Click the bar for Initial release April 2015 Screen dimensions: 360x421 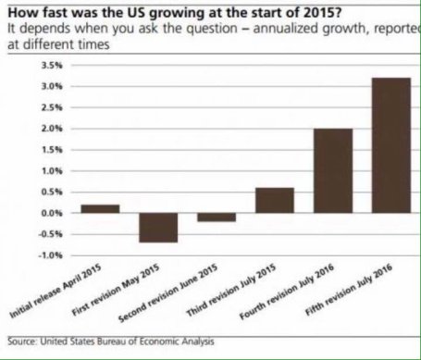tap(99, 208)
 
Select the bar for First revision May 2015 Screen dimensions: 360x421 tap(158, 228)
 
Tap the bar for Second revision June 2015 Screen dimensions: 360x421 tap(217, 217)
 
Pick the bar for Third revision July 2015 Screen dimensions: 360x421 tap(275, 200)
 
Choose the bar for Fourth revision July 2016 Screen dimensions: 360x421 tap(332, 170)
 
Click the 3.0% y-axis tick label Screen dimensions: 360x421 tap(51, 86)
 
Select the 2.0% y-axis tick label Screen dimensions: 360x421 tap(51, 129)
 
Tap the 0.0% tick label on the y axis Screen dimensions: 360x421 tap(51, 213)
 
